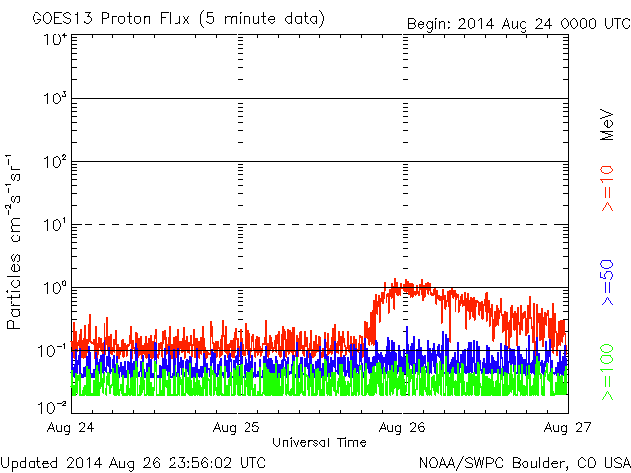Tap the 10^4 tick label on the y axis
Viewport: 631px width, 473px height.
point(54,40)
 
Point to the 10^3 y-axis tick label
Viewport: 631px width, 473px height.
point(54,100)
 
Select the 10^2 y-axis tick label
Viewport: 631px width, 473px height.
point(54,163)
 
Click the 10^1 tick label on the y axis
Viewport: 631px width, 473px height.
point(54,226)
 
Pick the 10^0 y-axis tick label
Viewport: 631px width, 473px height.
point(54,289)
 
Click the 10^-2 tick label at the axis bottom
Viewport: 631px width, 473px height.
point(52,407)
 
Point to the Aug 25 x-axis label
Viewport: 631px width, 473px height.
point(239,428)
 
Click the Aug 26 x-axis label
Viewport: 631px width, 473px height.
point(403,428)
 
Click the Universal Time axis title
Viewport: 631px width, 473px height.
point(319,442)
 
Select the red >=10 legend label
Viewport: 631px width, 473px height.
point(607,187)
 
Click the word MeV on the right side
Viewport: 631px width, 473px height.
point(607,122)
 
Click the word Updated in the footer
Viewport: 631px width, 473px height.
point(30,462)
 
